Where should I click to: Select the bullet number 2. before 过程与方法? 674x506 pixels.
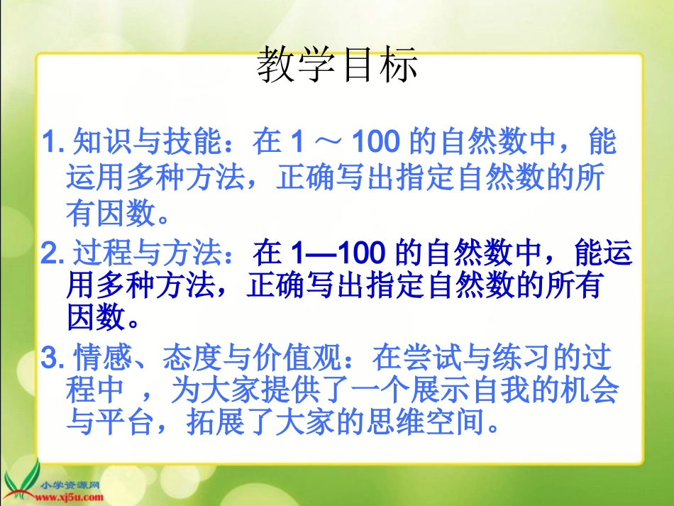coord(54,253)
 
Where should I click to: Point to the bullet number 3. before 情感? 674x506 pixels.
coord(54,359)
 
